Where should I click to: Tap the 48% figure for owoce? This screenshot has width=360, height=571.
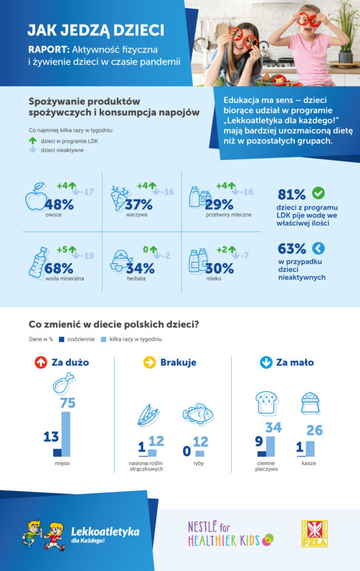coord(60,205)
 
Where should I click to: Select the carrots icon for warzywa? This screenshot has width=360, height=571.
coord(119,198)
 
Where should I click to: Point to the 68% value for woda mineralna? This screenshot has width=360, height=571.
coord(60,268)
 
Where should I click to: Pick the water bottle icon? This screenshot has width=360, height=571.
coord(37,262)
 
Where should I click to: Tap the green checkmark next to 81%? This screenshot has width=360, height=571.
coord(318,193)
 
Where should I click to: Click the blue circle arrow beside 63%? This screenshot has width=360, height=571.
coord(318,248)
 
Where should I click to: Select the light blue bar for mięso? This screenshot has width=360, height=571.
coord(66,434)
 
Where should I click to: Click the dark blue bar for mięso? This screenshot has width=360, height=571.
coord(56,452)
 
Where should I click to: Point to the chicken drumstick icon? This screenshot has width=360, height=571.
coord(63,384)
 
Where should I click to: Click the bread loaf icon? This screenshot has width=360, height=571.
coord(266,403)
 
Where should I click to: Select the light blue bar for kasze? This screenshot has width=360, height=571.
coord(310,448)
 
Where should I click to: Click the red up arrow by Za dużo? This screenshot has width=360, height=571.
coord(40,362)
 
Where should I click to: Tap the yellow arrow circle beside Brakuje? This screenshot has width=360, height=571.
coord(149,362)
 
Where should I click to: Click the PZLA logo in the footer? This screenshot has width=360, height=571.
coord(314,534)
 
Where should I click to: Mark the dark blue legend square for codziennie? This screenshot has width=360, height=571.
coord(62,338)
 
